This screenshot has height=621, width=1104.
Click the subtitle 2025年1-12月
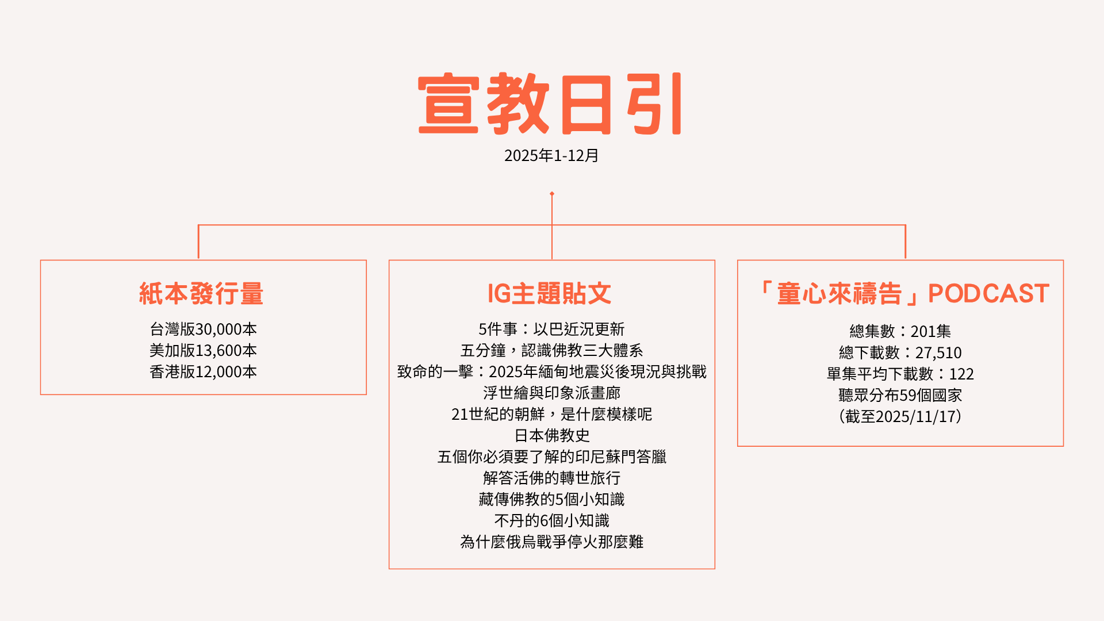coord(551,156)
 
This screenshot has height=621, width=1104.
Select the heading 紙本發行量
coord(201,294)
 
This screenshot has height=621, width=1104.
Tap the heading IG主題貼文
coord(549,294)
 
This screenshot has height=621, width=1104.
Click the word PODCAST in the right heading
coord(988,294)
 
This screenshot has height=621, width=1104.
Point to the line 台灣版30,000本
coord(203,329)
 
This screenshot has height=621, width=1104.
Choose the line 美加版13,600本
coord(203,351)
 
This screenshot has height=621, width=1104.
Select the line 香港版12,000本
coord(203,372)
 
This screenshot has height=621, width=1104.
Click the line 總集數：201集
coord(900,332)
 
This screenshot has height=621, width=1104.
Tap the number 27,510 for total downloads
coord(938,353)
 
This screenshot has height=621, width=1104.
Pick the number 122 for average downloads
coord(961,374)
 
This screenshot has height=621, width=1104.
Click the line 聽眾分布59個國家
coord(900,396)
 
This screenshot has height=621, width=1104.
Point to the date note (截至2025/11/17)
coord(900,417)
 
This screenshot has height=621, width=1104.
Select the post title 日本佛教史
coord(551,436)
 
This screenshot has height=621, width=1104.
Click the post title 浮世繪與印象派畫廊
coord(551,393)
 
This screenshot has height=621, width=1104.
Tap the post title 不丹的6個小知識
coord(551,521)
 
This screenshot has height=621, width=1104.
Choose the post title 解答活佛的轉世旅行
coord(551,478)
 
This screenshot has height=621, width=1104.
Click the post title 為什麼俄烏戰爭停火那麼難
coord(551,542)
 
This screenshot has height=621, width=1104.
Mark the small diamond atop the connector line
coord(552,194)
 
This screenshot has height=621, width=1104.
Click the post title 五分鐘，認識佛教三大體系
coord(551,351)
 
